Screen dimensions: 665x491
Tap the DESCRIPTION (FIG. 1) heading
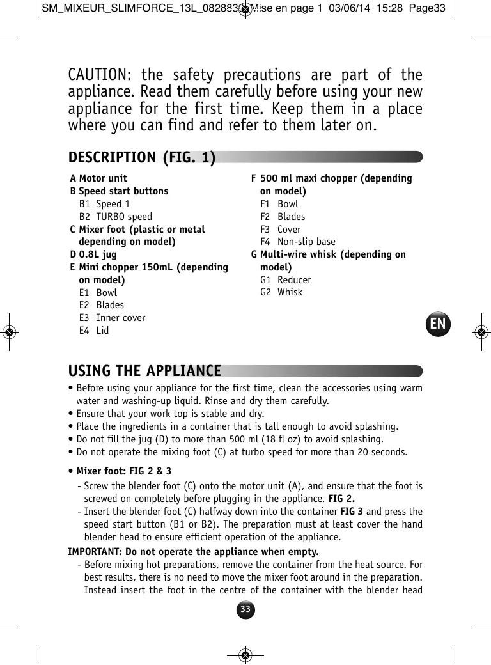(142, 157)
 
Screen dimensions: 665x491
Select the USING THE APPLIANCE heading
(144, 372)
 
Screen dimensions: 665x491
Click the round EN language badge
(438, 324)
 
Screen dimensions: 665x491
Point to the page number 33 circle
(245, 609)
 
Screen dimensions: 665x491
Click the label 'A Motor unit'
(98, 178)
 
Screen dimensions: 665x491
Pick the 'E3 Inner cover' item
(113, 318)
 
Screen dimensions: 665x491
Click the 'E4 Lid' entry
(94, 331)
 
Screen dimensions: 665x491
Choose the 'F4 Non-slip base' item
(298, 242)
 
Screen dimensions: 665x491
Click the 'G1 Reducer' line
(286, 280)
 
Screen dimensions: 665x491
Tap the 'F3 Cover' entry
(281, 230)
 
